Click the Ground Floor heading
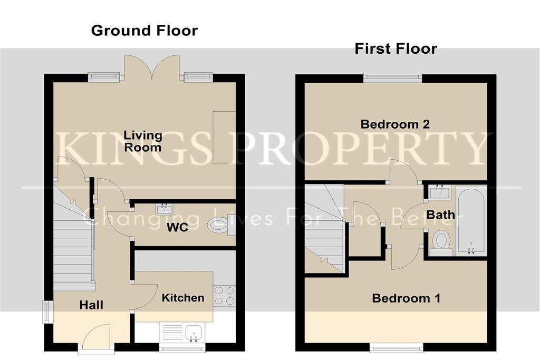(x=144, y=31)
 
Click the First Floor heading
(x=396, y=48)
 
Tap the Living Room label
(x=142, y=141)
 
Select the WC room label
(x=177, y=227)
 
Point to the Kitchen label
(x=183, y=298)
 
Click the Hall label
(x=91, y=305)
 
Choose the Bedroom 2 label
(x=395, y=124)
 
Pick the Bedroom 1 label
(x=406, y=298)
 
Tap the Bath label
(x=440, y=215)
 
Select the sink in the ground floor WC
(x=164, y=209)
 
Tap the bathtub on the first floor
(x=471, y=221)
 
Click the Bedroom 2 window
(x=392, y=78)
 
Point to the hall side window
(x=47, y=312)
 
